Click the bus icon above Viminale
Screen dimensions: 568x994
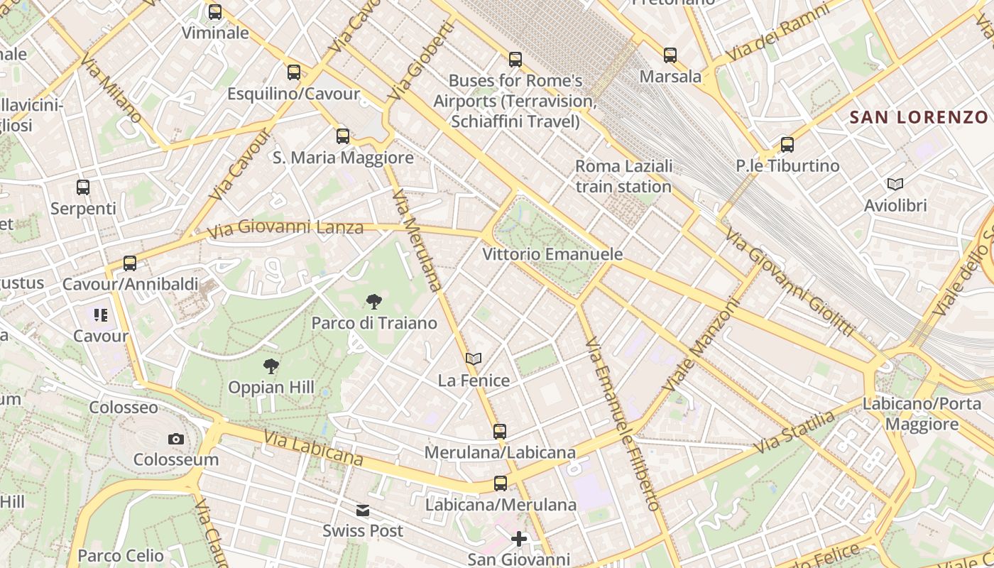215,12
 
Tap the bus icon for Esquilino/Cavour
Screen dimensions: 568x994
294,72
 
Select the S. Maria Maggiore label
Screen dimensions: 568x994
343,158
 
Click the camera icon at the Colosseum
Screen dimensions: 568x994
176,439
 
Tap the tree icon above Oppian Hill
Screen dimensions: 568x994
271,366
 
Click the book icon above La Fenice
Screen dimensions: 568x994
474,359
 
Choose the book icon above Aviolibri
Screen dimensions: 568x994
895,185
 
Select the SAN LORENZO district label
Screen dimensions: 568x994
919,117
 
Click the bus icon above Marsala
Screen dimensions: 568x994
670,55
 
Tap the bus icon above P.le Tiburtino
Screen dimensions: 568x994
787,145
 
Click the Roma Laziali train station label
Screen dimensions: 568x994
623,176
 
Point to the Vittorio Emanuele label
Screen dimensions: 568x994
552,254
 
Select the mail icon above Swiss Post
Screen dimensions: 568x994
363,510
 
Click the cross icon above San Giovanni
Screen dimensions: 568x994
519,539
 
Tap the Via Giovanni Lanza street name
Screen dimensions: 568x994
285,229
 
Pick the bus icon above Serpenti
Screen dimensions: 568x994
83,187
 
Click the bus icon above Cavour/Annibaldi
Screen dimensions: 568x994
130,263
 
